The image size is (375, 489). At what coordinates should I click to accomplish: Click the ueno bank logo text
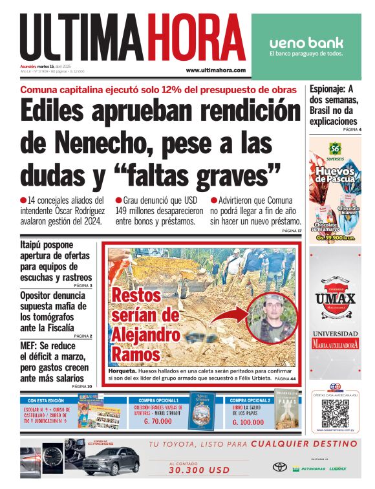(x=306, y=43)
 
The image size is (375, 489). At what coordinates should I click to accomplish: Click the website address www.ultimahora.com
(x=216, y=70)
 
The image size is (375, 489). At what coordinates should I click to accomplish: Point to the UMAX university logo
(x=335, y=299)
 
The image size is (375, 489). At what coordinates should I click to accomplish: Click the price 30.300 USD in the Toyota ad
(x=190, y=471)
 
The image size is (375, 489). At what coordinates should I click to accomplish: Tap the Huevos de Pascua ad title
(x=335, y=174)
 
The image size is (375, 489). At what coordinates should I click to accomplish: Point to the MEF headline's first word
(x=30, y=346)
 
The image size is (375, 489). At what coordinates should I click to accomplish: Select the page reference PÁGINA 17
(x=292, y=231)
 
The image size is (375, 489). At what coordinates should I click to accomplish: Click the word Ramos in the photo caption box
(x=136, y=353)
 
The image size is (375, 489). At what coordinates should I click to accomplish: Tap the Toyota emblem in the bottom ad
(x=279, y=467)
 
